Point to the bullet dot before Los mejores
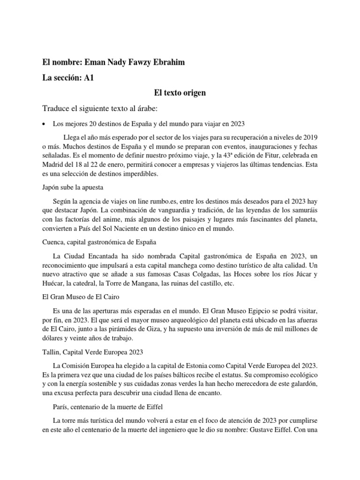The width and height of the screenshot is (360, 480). [44, 124]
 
